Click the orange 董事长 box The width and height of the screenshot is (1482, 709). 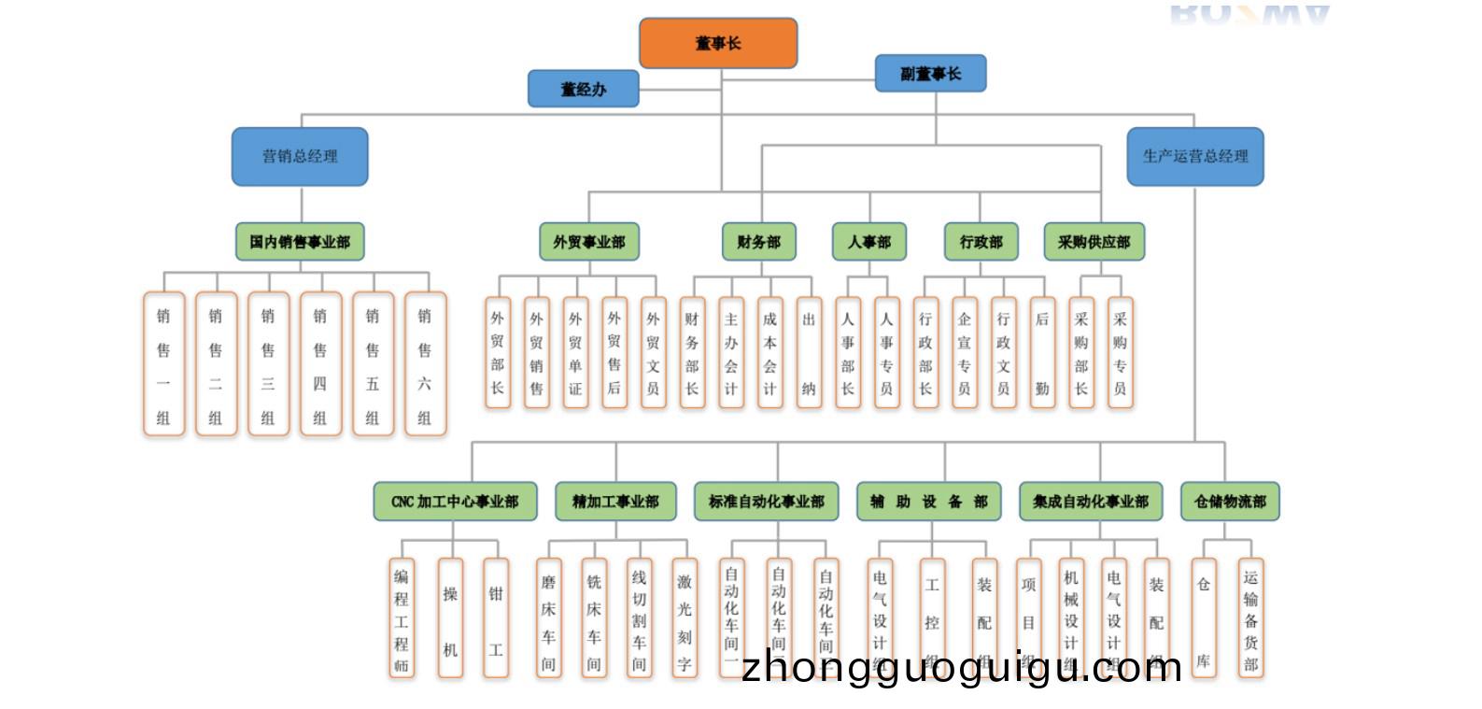(718, 43)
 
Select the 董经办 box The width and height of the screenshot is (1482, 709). (583, 89)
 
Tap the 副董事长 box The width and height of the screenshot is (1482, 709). (930, 73)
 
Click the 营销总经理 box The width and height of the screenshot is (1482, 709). (300, 156)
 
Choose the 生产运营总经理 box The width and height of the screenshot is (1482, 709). (1195, 156)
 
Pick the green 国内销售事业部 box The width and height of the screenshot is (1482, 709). (300, 242)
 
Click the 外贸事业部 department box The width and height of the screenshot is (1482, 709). (588, 242)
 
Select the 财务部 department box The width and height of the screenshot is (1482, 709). (758, 242)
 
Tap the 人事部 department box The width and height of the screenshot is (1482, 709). (869, 242)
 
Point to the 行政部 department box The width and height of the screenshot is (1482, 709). (981, 242)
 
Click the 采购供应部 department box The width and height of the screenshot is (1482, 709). (1094, 242)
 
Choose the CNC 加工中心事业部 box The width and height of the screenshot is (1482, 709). (455, 502)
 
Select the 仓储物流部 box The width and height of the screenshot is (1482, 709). (1230, 502)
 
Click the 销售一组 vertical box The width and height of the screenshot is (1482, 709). (163, 364)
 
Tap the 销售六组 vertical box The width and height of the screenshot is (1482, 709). (425, 364)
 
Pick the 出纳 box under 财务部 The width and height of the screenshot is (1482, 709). (809, 353)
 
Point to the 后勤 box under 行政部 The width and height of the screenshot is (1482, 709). (1042, 353)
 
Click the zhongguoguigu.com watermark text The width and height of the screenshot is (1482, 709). (962, 668)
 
